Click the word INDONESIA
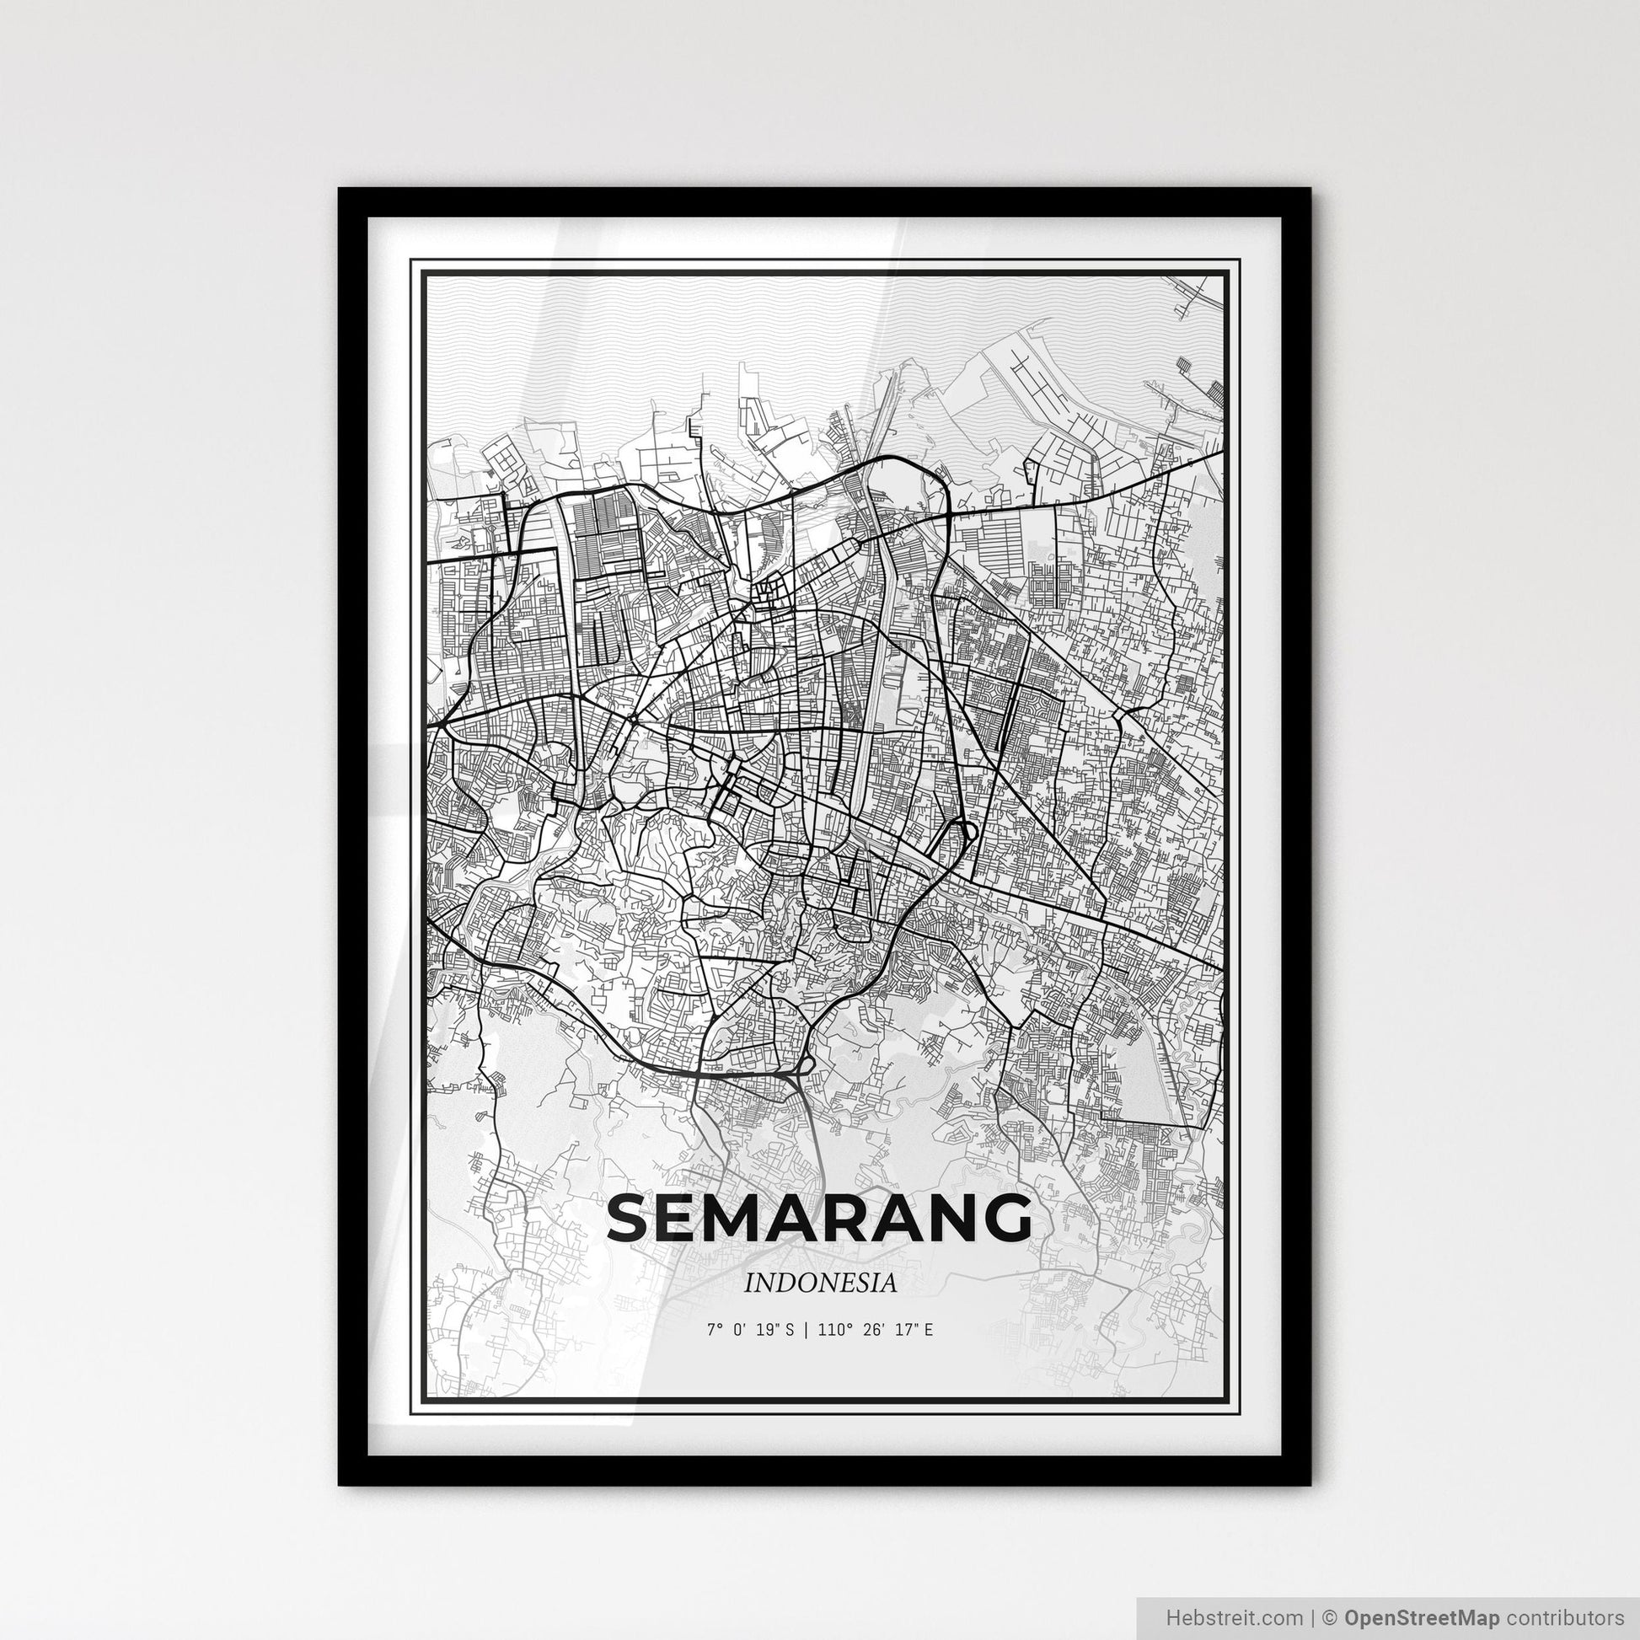pyautogui.click(x=820, y=1284)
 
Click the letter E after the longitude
pyautogui.click(x=929, y=1329)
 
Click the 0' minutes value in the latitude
pyautogui.click(x=737, y=1329)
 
